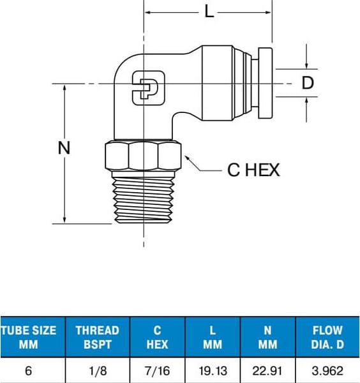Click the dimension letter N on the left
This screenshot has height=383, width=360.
64,148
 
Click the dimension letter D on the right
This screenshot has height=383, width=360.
308,83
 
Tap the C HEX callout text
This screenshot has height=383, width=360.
253,170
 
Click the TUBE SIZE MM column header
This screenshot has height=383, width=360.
29,337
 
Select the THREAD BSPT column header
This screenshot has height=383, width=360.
97,337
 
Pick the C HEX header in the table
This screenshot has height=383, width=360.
157,337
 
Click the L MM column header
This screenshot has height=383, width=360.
213,337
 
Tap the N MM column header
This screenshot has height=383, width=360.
267,337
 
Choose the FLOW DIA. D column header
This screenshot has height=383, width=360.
327,337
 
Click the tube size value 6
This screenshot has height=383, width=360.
29,371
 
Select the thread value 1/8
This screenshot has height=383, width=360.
97,371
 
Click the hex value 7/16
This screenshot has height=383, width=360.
157,371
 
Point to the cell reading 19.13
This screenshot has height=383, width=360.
213,371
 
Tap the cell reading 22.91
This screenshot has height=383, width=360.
267,371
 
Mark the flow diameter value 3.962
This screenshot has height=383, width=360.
327,371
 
